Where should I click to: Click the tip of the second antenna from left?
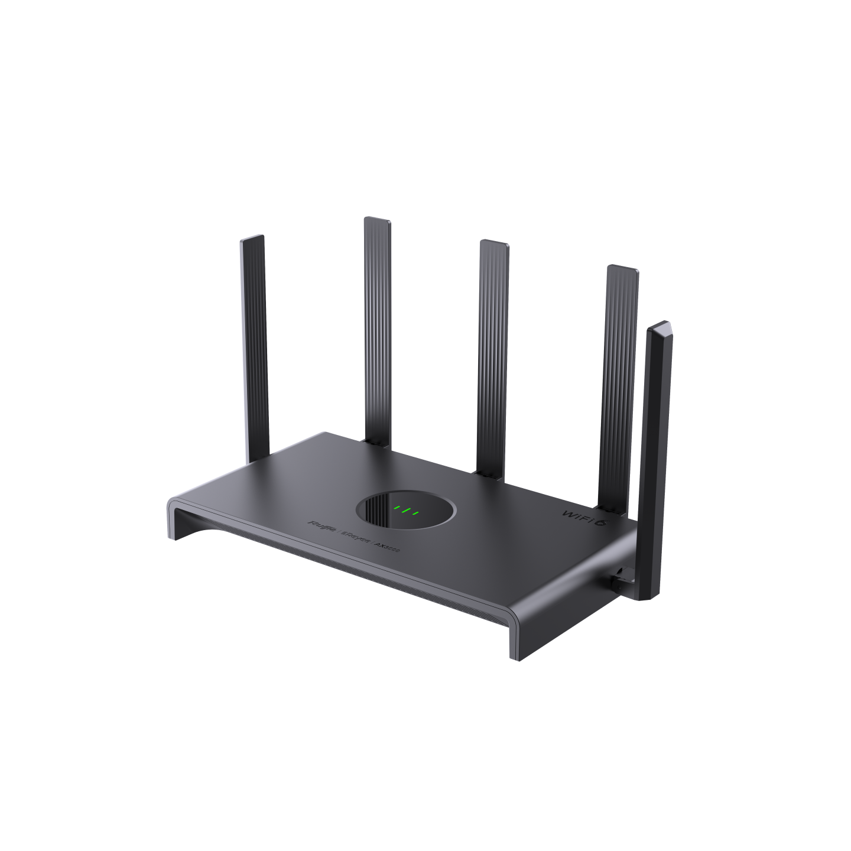(377, 220)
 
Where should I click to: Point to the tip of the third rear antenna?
(492, 243)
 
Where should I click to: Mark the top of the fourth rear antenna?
(622, 269)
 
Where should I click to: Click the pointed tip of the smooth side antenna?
(663, 323)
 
